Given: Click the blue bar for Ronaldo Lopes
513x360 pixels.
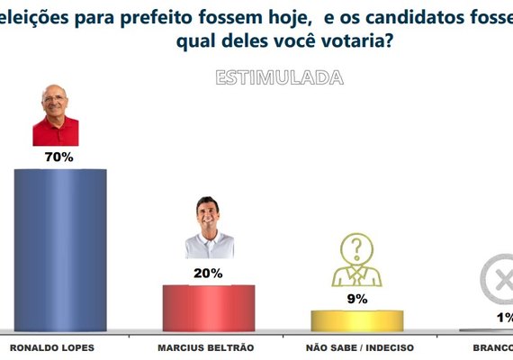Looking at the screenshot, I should point(60,249).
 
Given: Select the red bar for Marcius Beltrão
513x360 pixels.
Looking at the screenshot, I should point(208,308).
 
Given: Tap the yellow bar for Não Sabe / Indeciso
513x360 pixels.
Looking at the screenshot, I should point(356,320).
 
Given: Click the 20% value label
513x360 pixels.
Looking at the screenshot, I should point(208,273).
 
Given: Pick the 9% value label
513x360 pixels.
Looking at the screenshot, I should point(356,298).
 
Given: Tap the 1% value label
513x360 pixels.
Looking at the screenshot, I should point(504,318).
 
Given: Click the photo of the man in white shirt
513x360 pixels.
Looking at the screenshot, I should point(209,229).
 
